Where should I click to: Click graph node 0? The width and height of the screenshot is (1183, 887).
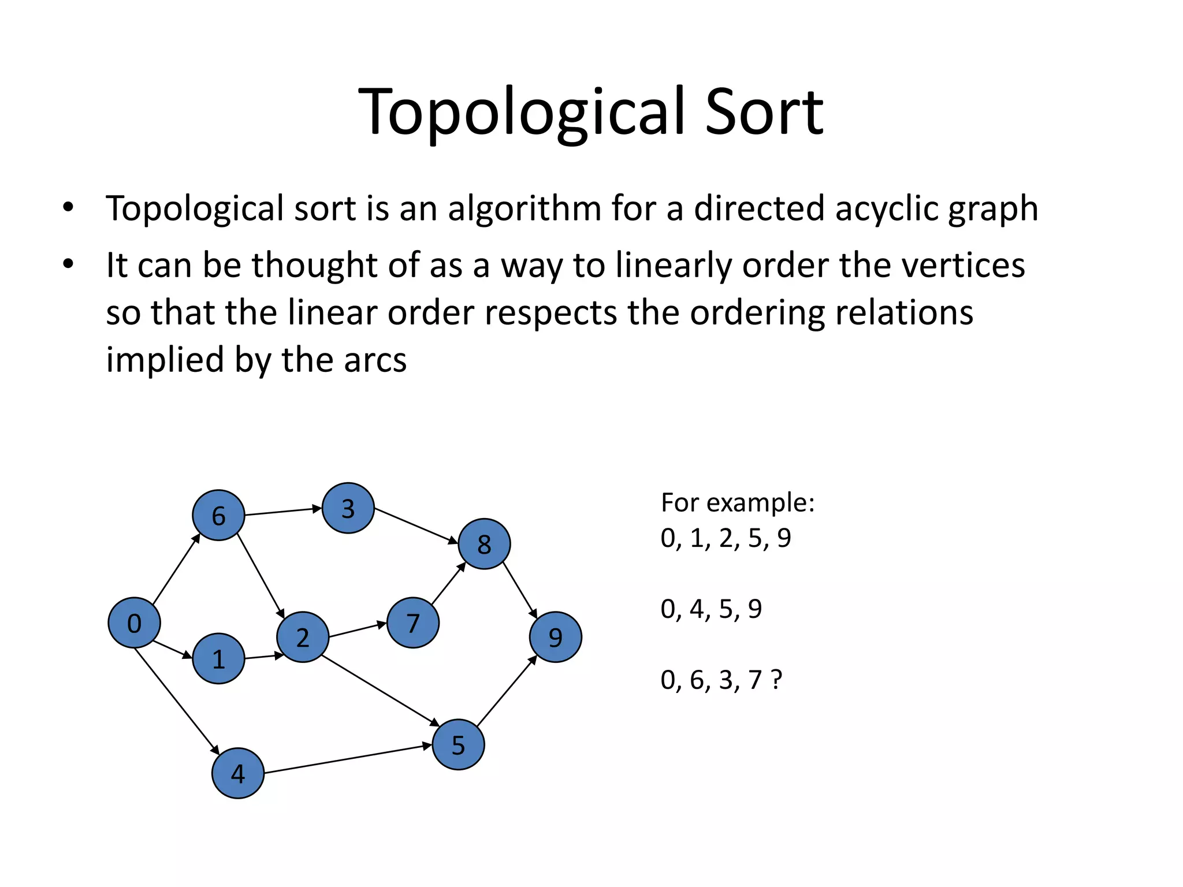tap(134, 623)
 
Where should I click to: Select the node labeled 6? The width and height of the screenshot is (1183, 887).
tap(218, 515)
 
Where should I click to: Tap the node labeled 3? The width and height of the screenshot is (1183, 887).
tap(348, 508)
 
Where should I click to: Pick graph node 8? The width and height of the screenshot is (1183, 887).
tap(484, 544)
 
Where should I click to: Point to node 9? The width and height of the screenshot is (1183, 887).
tap(555, 637)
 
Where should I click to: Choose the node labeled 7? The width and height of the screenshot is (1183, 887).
tap(412, 623)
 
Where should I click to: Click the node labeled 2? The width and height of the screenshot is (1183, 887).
tap(303, 637)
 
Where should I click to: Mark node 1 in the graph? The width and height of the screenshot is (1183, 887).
tap(218, 658)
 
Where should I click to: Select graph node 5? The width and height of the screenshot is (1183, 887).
tap(458, 744)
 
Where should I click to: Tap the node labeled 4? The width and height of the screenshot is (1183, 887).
tap(238, 773)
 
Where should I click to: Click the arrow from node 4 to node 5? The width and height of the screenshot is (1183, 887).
tap(347, 758)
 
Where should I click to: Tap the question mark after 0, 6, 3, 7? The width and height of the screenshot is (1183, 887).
tap(776, 680)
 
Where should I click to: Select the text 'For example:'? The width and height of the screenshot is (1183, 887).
tap(738, 502)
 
